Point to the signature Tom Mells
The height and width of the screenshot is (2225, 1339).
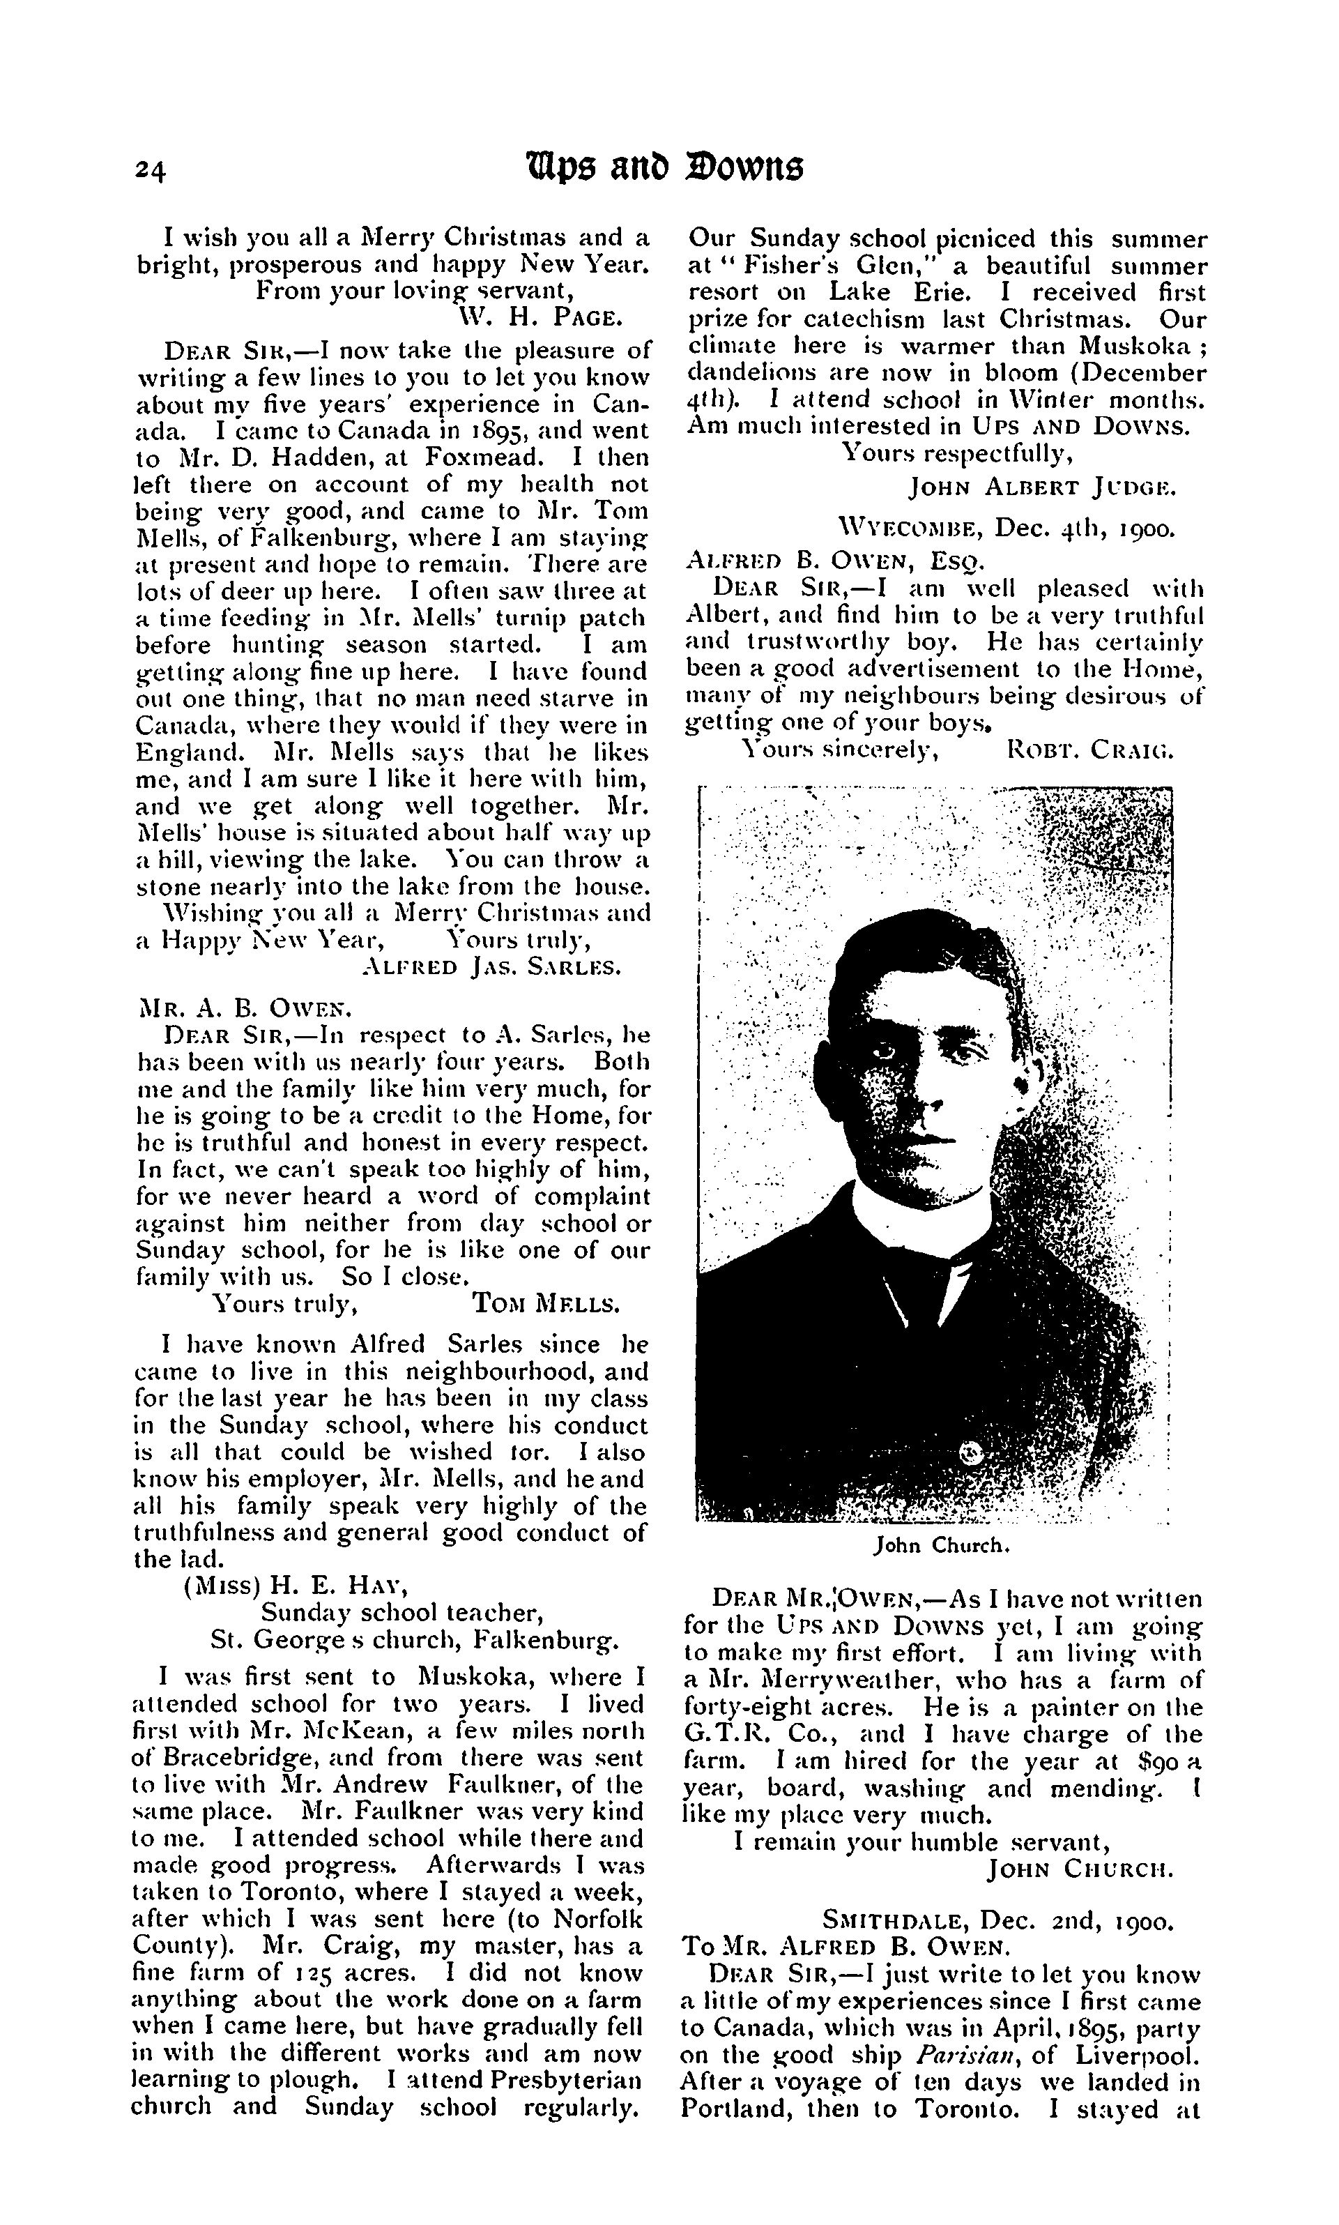546,1303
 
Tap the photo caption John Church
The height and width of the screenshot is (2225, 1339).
940,1545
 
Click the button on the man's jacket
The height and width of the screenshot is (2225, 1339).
971,1452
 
